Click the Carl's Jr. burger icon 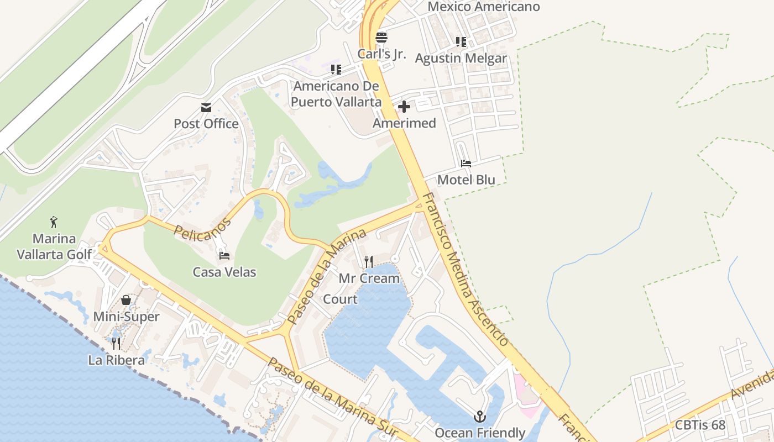381,38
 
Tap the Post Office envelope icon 206,107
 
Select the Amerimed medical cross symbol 404,107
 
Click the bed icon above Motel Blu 466,164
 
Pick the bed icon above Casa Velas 224,256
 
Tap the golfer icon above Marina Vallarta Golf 54,222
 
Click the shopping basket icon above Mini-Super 126,300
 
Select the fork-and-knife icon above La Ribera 116,344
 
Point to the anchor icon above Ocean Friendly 480,417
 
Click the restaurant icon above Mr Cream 369,261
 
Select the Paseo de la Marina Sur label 332,396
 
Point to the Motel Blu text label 466,180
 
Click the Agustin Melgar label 461,58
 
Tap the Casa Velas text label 224,272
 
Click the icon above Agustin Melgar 461,41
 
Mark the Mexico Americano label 484,7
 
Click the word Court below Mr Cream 340,299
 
